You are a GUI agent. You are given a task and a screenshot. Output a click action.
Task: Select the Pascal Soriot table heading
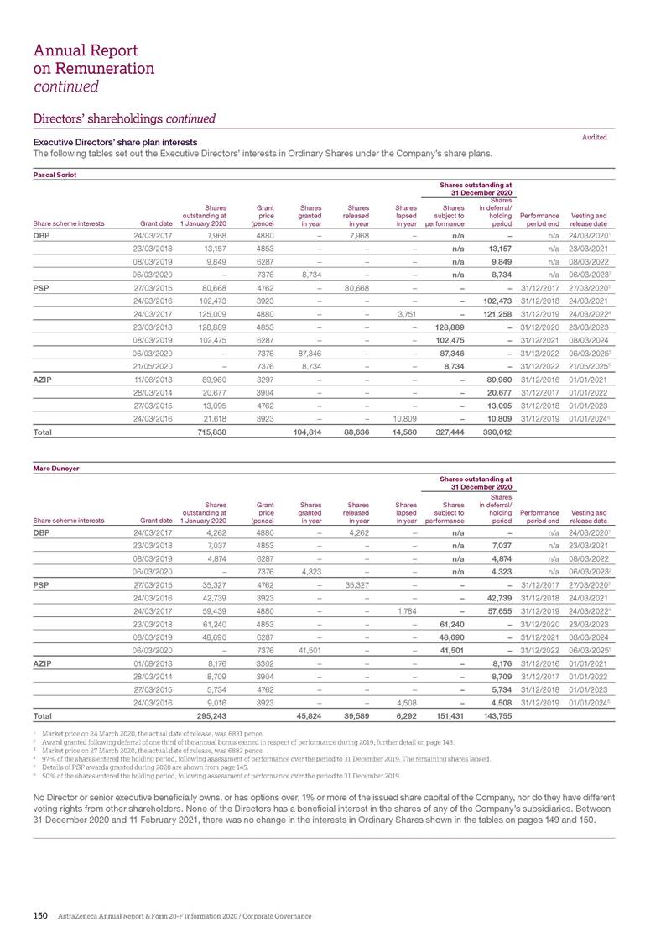coord(51,174)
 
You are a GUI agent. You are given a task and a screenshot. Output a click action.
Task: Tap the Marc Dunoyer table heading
coord(52,468)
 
